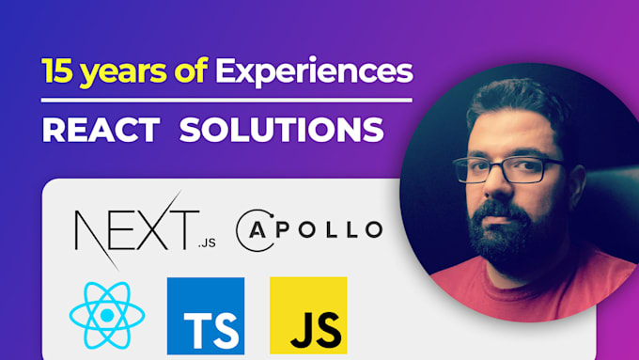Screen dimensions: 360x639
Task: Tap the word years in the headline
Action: coord(117,71)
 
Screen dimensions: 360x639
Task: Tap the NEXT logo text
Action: coord(136,227)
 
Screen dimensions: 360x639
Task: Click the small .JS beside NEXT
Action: coord(208,242)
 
